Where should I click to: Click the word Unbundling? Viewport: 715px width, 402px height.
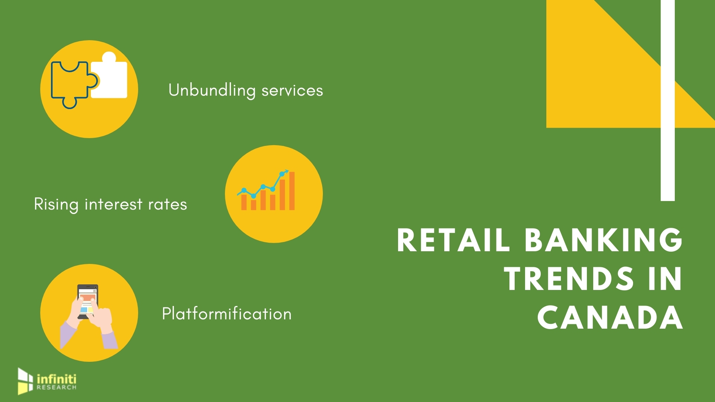pos(212,91)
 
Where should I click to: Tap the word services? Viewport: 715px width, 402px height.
pos(292,91)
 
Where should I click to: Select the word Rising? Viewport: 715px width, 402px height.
pos(56,205)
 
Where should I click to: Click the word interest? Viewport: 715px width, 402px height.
pos(114,204)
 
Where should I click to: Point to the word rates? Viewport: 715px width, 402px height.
pos(168,205)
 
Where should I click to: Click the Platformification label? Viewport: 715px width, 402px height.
pos(227,314)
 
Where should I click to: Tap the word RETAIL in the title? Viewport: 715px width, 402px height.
pos(453,240)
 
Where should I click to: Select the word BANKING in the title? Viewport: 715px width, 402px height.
pos(604,240)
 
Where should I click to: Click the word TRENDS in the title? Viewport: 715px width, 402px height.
pos(569,279)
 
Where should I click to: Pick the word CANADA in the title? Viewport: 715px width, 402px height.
pos(610,318)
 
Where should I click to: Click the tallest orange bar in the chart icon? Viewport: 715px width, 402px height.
pos(292,191)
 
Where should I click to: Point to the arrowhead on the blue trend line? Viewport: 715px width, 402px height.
pos(285,172)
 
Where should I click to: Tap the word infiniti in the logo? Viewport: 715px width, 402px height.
pos(57,379)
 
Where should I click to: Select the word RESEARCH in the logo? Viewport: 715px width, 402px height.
pos(57,387)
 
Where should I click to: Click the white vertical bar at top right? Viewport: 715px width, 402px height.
pos(668,100)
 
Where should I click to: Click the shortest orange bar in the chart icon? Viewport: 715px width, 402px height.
pos(254,204)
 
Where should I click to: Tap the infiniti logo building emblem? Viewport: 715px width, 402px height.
pos(25,381)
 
